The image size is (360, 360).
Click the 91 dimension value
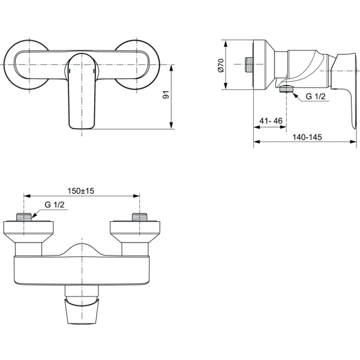166,95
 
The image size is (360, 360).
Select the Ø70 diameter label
221,65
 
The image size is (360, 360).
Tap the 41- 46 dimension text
271,121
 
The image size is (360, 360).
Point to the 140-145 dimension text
307,137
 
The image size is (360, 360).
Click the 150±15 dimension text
81,191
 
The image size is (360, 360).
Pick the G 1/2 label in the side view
316,97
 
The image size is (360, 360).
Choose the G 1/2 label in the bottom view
55,205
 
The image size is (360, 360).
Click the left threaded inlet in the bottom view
23,217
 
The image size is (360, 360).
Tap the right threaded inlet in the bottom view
140,217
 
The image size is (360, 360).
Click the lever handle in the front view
82,91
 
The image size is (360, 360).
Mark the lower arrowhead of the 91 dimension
171,125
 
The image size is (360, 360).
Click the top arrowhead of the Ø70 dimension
226,43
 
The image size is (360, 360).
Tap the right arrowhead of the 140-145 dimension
353,142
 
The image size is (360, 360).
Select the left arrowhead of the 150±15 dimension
27,196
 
